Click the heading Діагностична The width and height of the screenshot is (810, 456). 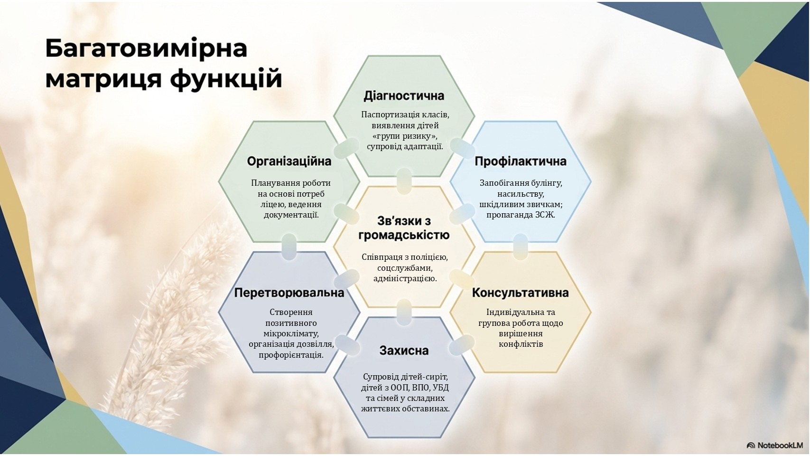click(403, 96)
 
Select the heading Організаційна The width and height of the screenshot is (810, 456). click(289, 161)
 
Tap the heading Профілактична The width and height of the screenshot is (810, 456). click(521, 161)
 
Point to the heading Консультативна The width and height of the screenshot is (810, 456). click(521, 293)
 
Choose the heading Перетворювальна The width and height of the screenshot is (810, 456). click(289, 293)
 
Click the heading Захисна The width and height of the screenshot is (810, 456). click(404, 351)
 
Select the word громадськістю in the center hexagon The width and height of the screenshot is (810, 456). click(404, 235)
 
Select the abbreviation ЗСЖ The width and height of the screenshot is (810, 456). click(545, 215)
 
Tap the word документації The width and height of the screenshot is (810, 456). click(291, 215)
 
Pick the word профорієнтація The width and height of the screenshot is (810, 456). click(291, 355)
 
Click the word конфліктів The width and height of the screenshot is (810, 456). click(521, 344)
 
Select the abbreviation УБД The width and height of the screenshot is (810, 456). click(441, 388)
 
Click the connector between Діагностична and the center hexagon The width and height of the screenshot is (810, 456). click(404, 181)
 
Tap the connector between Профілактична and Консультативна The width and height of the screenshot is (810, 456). click(521, 247)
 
